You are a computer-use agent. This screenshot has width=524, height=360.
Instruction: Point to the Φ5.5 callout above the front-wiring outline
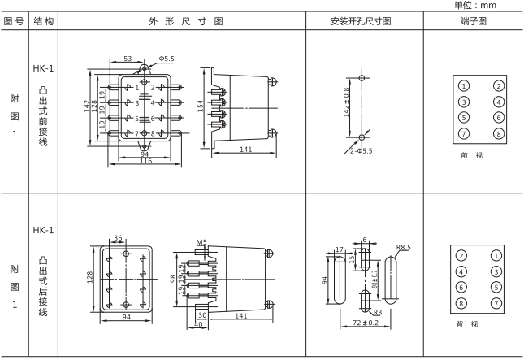point(166,59)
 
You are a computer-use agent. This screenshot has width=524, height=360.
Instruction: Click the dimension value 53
point(128,59)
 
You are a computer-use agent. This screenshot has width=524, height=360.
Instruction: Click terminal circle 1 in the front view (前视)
point(463,86)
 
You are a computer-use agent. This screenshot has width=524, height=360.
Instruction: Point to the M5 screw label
point(201,242)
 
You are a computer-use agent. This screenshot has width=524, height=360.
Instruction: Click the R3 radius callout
point(377,312)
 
